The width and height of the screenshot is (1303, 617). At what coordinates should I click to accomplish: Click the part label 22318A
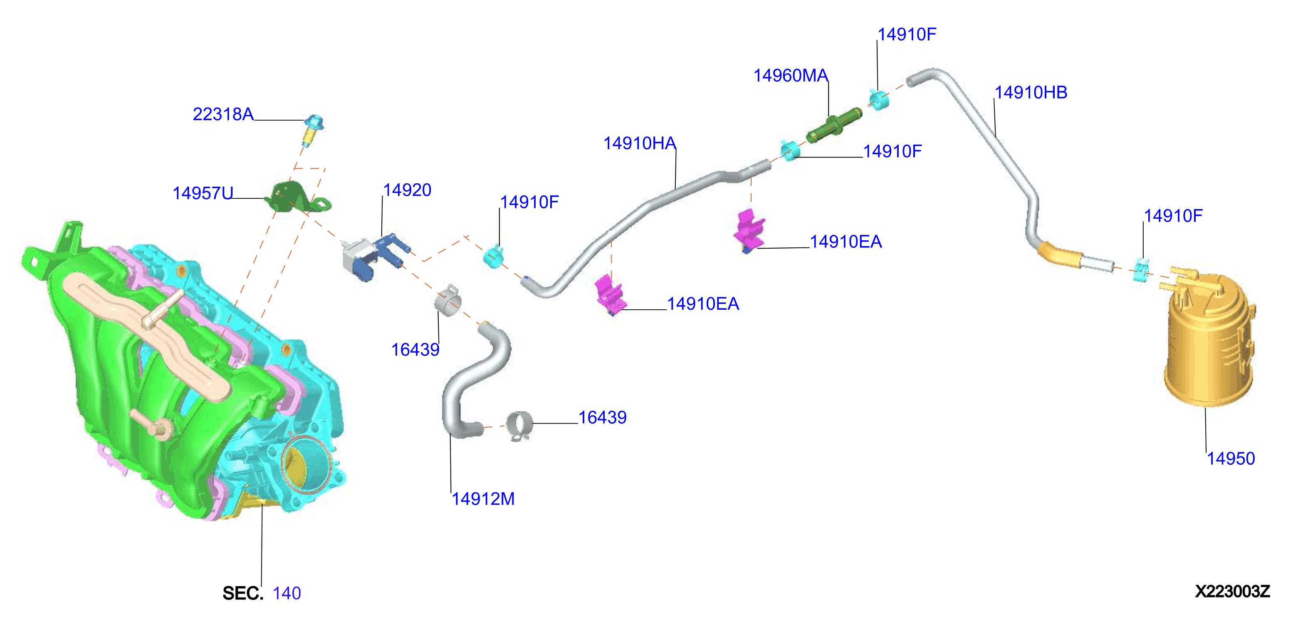[x=223, y=114]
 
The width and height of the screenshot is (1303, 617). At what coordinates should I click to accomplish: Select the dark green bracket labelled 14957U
[x=297, y=199]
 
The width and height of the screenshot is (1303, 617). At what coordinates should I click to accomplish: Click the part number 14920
[x=407, y=190]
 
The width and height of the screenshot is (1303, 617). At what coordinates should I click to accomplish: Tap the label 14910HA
[x=640, y=143]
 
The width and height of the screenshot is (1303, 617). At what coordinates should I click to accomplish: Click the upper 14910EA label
[x=846, y=242]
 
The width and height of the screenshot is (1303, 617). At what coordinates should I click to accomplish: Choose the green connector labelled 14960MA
[x=834, y=125]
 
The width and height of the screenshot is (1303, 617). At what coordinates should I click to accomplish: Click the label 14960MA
[x=791, y=75]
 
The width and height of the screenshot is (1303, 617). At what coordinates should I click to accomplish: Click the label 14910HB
[x=1031, y=93]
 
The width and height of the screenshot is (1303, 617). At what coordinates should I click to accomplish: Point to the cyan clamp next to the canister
[x=1141, y=270]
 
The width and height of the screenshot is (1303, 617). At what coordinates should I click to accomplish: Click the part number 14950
[x=1231, y=459]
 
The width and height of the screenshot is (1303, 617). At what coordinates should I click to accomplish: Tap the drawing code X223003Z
[x=1232, y=591]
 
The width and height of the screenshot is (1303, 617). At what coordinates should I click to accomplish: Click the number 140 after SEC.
[x=287, y=593]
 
